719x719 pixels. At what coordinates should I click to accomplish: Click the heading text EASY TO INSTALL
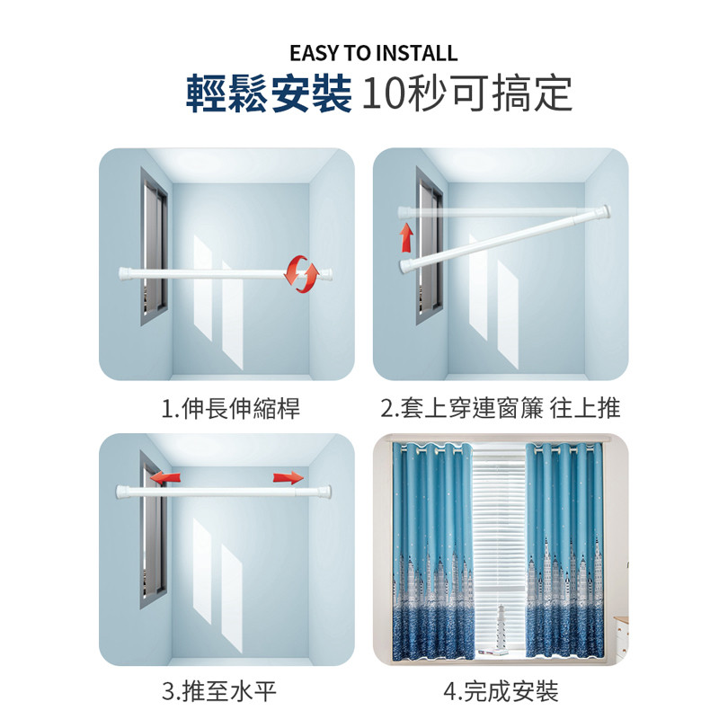point(374,53)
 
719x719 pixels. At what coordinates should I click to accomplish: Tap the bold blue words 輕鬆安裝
point(269,94)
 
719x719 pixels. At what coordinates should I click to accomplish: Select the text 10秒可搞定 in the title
point(467,94)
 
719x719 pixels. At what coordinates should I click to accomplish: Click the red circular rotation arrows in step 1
point(301,274)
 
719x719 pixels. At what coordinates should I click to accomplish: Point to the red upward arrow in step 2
point(406,237)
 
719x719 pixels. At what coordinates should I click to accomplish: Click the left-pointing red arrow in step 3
point(164,477)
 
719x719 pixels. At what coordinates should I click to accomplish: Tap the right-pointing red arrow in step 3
point(288,478)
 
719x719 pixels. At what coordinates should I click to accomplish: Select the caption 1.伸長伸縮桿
point(231,408)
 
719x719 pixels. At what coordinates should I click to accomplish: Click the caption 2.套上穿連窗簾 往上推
point(501,408)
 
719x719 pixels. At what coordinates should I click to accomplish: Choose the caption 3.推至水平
point(219,691)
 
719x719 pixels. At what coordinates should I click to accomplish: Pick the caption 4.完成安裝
point(501,691)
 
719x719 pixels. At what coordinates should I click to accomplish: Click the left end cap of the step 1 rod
point(125,274)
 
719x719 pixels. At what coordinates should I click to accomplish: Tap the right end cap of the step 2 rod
point(605,212)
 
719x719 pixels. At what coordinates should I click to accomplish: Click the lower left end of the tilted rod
point(405,266)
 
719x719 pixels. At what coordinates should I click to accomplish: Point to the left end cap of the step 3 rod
point(123,492)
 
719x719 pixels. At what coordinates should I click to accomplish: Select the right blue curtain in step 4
point(564,550)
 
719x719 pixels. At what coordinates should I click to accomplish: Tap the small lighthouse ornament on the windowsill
point(502,626)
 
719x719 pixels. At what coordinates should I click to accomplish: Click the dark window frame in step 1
point(154,246)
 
